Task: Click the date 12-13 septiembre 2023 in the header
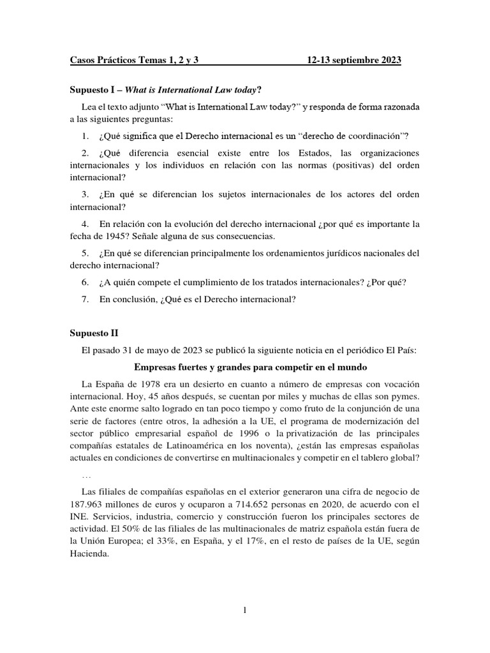pyautogui.click(x=353, y=60)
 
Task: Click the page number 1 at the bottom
pyautogui.click(x=244, y=611)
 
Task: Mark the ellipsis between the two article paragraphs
pyautogui.click(x=87, y=475)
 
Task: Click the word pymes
pyautogui.click(x=404, y=396)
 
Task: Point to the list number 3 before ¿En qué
pyautogui.click(x=84, y=194)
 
